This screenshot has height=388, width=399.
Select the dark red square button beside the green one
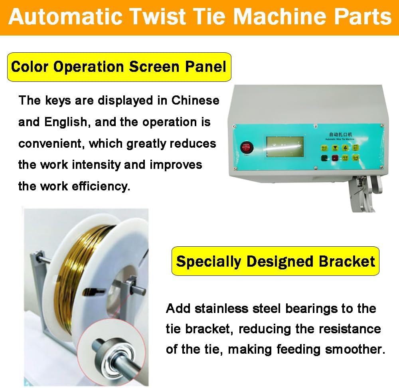[335, 158]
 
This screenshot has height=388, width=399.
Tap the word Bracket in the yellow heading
[347, 261]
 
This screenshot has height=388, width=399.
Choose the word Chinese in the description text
[196, 100]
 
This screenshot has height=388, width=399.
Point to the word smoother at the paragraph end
[355, 350]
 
